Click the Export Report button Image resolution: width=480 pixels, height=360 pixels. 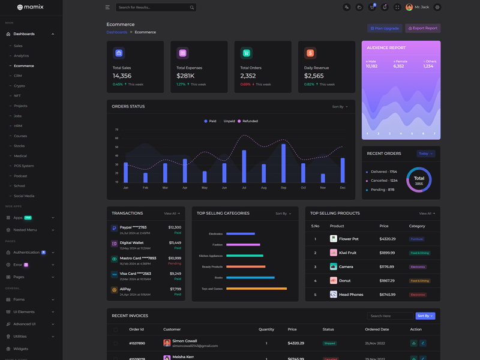point(423,28)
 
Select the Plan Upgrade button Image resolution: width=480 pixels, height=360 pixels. point(385,28)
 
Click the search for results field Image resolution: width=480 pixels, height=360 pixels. point(154,7)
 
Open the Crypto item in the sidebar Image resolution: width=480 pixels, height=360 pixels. point(20,86)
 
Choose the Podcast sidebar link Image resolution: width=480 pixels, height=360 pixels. point(20,176)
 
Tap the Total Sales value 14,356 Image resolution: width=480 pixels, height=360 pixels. point(122,76)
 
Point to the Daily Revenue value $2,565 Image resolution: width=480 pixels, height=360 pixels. point(314,76)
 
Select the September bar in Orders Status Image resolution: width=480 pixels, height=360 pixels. point(283,163)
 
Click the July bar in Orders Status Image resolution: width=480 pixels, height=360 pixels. point(244,166)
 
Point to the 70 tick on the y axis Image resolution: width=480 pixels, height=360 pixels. point(116,130)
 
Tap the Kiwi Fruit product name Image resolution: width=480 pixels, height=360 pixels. point(347,253)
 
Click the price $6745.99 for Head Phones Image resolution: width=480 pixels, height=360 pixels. point(387,295)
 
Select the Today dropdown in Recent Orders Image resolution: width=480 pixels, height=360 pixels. point(425,154)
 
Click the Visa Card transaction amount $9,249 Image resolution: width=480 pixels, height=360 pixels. point(175,274)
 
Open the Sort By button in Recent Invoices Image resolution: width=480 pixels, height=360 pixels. point(425,316)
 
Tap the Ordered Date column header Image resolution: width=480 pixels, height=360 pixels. point(377,329)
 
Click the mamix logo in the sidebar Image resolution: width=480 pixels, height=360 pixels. point(31,7)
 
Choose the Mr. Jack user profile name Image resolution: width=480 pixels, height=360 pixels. point(422,7)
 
